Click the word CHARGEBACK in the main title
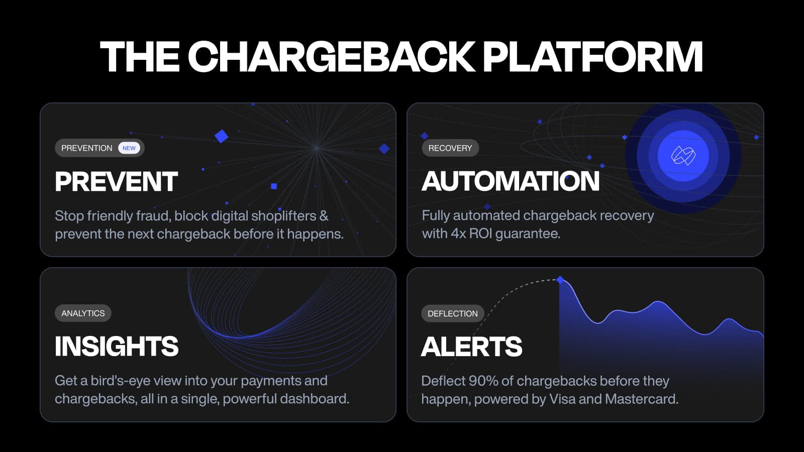point(331,56)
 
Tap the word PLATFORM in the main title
point(592,56)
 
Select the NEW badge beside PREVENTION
point(129,148)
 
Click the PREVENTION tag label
point(87,148)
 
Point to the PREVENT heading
point(116,182)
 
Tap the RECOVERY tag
point(450,148)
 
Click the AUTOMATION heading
point(511,181)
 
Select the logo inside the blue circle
point(683,156)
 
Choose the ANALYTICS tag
point(83,313)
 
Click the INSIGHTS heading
point(117,347)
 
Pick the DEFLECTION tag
point(452,313)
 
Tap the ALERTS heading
point(472,347)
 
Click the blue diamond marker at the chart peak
point(560,280)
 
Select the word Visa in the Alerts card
point(562,399)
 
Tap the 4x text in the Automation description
point(458,234)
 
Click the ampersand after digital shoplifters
point(324,216)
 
